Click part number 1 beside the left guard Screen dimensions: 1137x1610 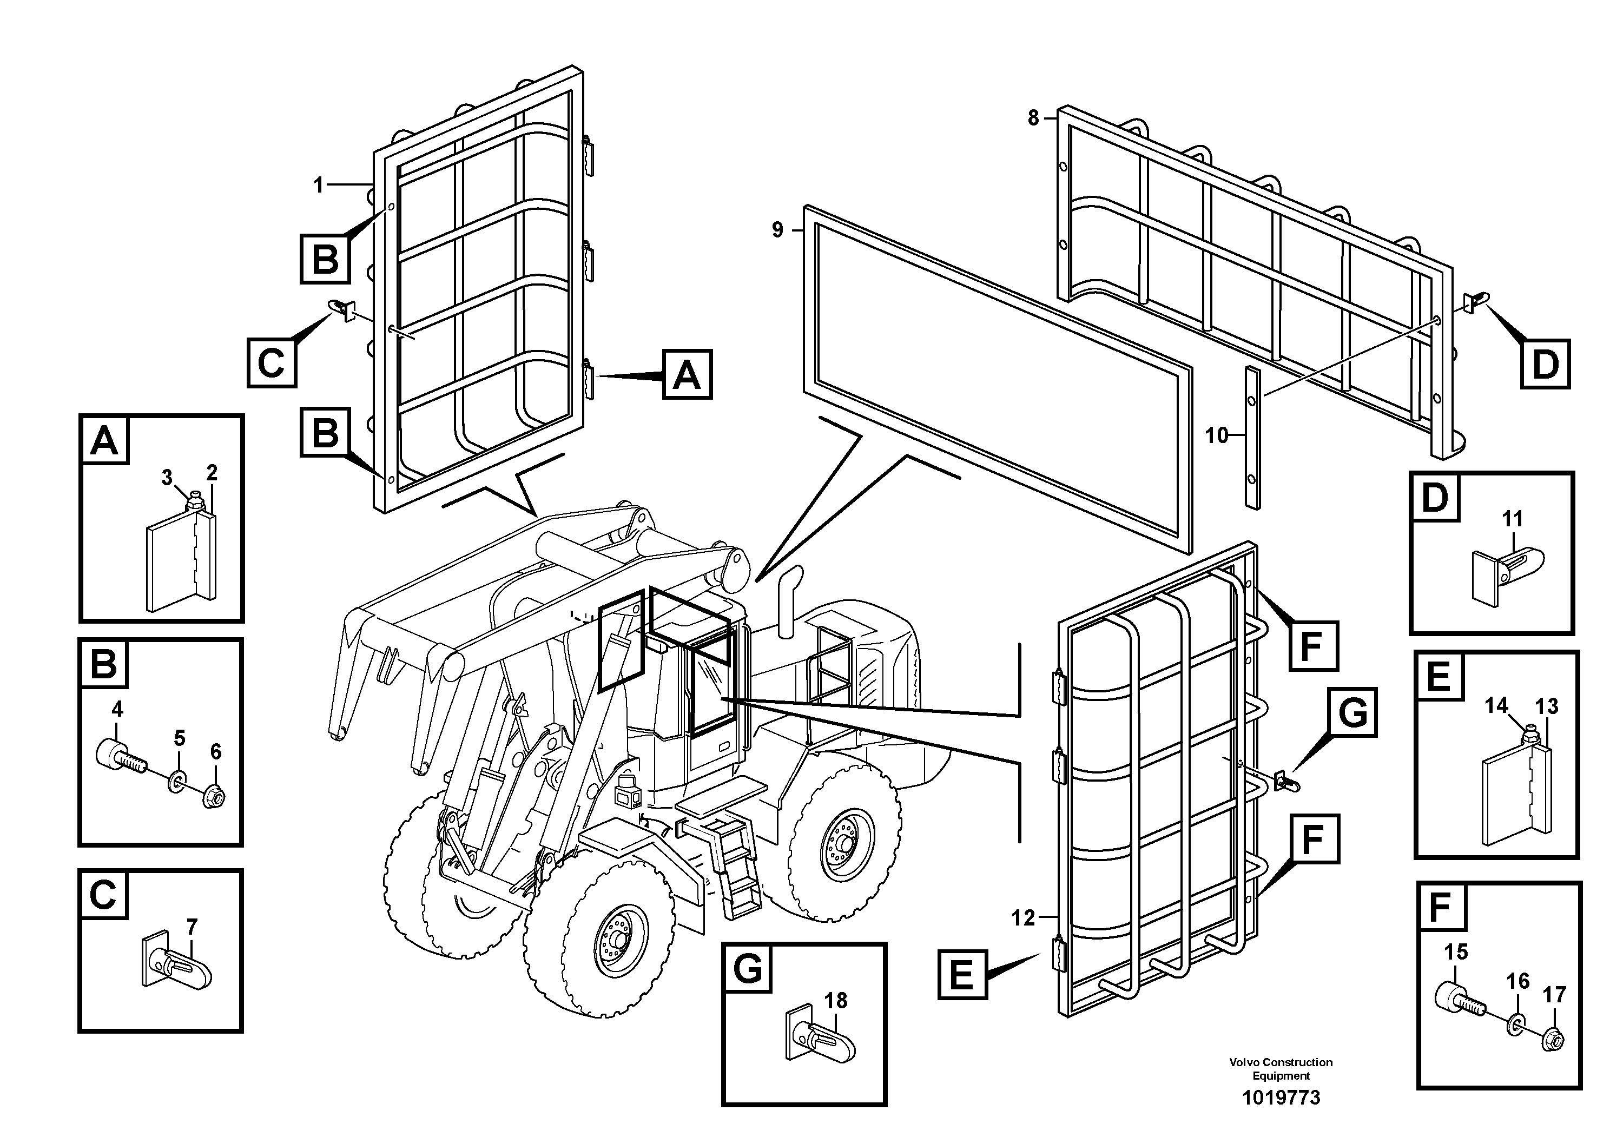318,185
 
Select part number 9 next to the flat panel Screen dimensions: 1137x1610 777,230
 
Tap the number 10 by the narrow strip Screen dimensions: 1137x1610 1217,436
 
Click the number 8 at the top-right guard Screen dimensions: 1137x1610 1033,118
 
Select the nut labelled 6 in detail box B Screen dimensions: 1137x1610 213,796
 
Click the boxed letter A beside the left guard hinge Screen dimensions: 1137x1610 687,374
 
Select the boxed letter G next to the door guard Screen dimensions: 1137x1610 1352,712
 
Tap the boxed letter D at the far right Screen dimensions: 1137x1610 1545,364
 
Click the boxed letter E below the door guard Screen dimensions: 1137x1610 962,974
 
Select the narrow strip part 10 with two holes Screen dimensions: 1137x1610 1252,438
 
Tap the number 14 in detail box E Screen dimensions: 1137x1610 1496,705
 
